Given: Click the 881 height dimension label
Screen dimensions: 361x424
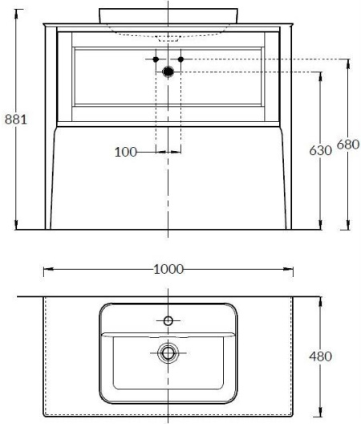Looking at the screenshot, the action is [16, 119].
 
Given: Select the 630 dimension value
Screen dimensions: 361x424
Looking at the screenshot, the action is [320, 150].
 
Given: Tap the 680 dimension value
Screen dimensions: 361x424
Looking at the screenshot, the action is [348, 145].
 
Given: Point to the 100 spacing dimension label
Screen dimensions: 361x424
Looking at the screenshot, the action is [126, 152].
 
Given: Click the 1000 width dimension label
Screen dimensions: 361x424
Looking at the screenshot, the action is [168, 269].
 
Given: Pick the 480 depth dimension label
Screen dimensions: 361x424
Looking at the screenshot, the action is [320, 357].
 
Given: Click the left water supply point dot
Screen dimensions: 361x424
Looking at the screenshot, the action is [156, 59].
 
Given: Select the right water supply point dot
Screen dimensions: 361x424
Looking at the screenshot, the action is [180, 59].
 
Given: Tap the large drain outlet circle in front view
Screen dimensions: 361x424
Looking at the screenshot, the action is [168, 71].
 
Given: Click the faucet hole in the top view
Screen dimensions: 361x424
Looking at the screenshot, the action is [168, 321].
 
